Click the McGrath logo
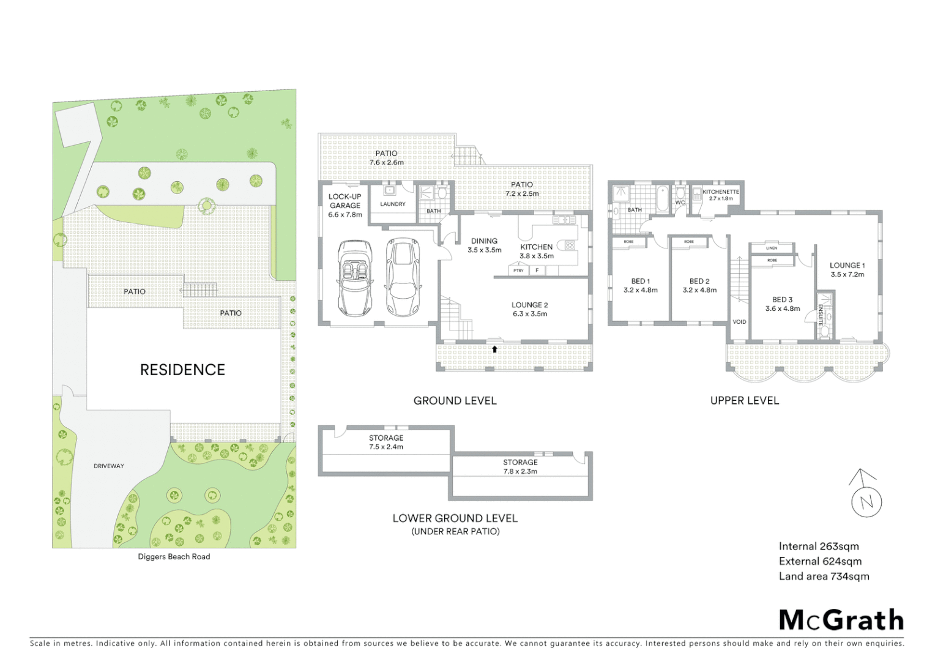pyautogui.click(x=841, y=620)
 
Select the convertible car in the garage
pyautogui.click(x=354, y=278)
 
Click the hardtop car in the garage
pyautogui.click(x=403, y=277)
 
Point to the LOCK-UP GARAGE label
pyautogui.click(x=345, y=206)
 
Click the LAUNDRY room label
pyautogui.click(x=393, y=204)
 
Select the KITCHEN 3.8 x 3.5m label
pyautogui.click(x=537, y=252)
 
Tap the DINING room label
pyautogui.click(x=484, y=245)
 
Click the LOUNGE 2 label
pyautogui.click(x=529, y=309)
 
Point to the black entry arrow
pyautogui.click(x=494, y=349)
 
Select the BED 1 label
pyautogui.click(x=641, y=286)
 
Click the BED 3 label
pyautogui.click(x=782, y=304)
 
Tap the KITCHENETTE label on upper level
pyautogui.click(x=720, y=195)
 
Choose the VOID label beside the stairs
pyautogui.click(x=739, y=322)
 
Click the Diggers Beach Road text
pyautogui.click(x=174, y=557)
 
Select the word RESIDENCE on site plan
pyautogui.click(x=182, y=370)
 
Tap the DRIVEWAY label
pyautogui.click(x=109, y=466)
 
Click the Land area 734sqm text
pyautogui.click(x=824, y=577)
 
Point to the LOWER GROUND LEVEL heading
pyautogui.click(x=455, y=518)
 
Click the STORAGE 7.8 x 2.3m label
pyautogui.click(x=520, y=467)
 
